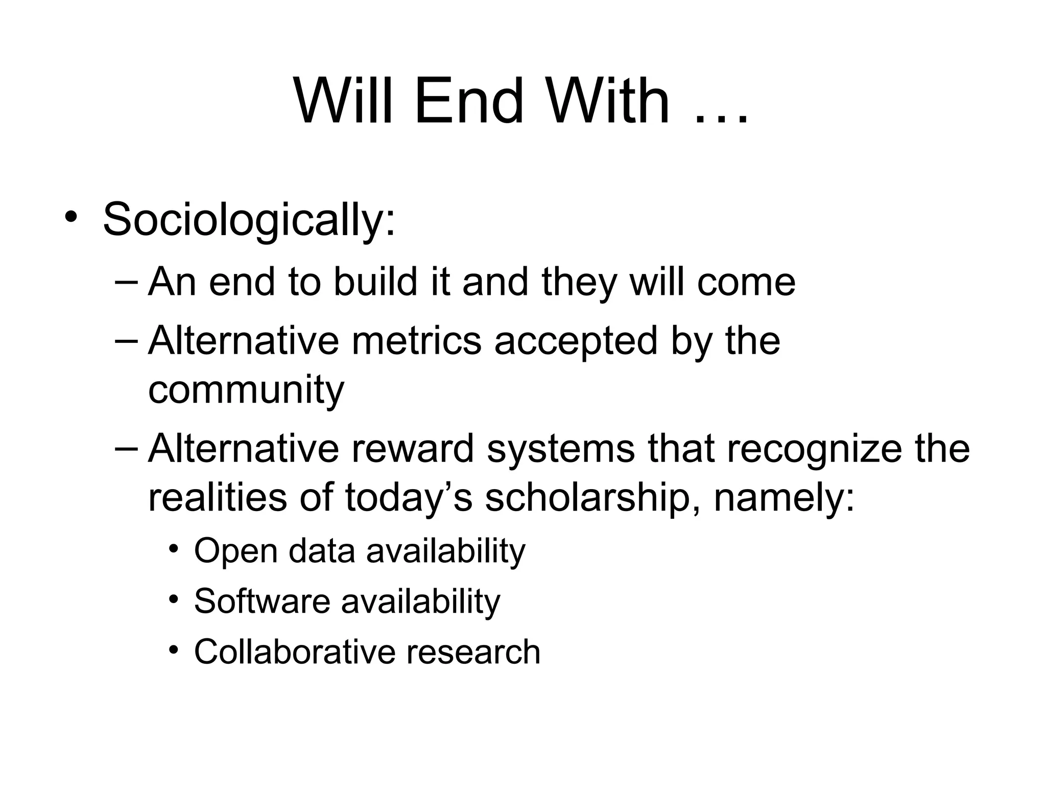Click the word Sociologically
tap(249, 220)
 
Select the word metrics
tap(416, 340)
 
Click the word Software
tap(262, 601)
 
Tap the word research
tap(473, 652)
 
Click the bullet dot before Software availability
tap(174, 598)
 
